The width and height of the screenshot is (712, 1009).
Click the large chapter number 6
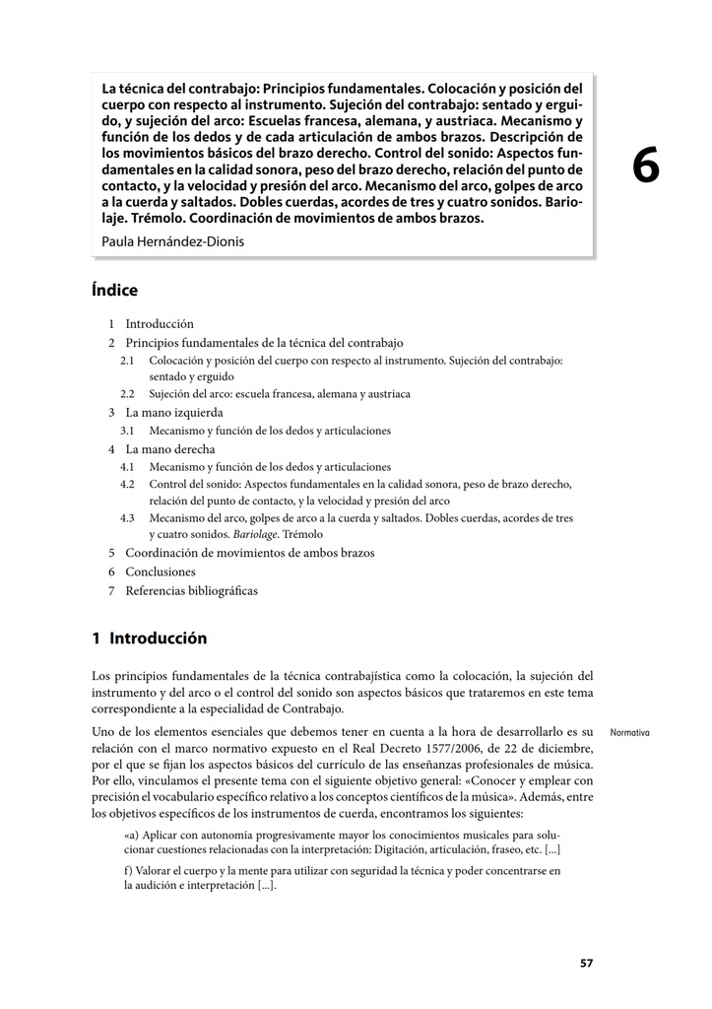tap(645, 167)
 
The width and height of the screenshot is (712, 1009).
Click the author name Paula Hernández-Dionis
tap(173, 241)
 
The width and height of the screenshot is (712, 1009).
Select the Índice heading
tap(114, 291)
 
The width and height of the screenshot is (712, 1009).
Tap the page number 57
tap(586, 963)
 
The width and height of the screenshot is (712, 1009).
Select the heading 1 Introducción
tap(149, 639)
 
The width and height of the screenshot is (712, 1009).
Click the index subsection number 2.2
tap(127, 393)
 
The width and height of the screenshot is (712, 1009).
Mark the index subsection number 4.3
tap(127, 518)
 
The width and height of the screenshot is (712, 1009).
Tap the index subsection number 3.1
tap(127, 431)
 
